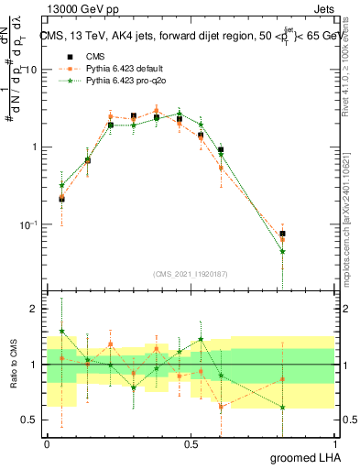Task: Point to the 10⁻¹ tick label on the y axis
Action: pos(29,224)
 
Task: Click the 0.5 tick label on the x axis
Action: pos(191,443)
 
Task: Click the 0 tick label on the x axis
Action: pos(47,443)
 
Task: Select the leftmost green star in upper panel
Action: pos(61,185)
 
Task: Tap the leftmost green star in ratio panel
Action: pos(61,331)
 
